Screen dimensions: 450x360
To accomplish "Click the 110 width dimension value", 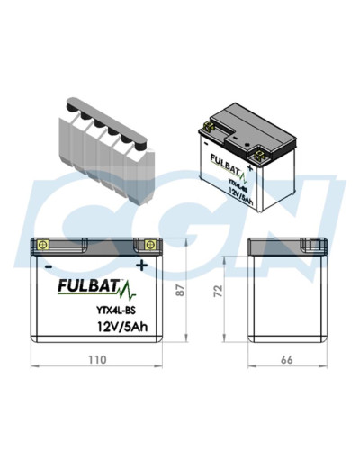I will pyautogui.click(x=96, y=359).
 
